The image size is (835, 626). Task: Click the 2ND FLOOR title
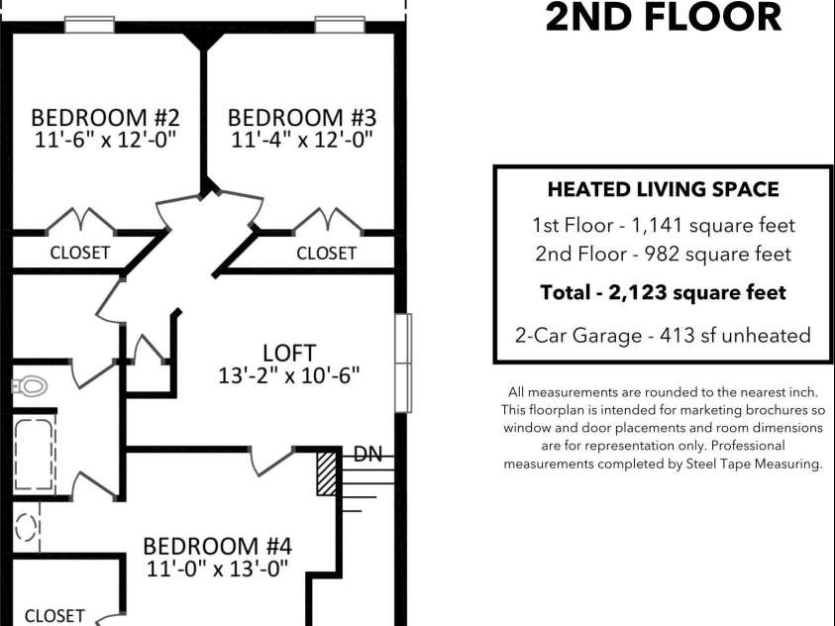(x=663, y=18)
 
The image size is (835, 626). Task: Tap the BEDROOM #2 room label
(x=104, y=117)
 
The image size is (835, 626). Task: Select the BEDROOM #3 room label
(x=302, y=117)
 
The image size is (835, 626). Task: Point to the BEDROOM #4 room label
(x=217, y=546)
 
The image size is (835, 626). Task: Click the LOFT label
(x=289, y=353)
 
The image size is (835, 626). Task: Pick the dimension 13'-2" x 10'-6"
(x=288, y=375)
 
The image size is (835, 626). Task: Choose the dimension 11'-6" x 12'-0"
(x=104, y=140)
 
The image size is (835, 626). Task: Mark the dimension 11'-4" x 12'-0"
(x=302, y=140)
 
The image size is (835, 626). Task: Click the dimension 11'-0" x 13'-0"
(x=217, y=569)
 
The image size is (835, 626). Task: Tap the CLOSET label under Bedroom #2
(x=80, y=253)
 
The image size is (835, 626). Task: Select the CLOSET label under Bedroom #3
(x=326, y=253)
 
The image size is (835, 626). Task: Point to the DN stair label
(x=368, y=455)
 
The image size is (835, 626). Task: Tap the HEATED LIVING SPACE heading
(x=663, y=189)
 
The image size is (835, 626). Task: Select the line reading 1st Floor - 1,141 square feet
(x=663, y=225)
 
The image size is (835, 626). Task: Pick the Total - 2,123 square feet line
(x=663, y=292)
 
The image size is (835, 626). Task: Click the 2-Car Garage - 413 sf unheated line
(x=663, y=335)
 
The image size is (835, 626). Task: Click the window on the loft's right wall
(x=403, y=363)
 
